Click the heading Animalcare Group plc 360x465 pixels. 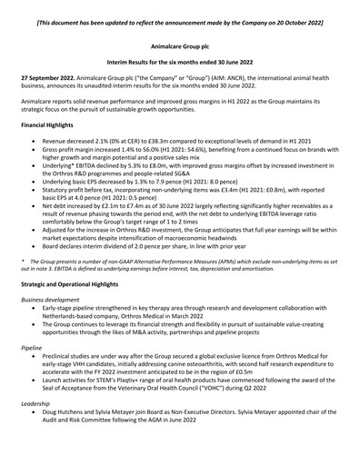(x=180, y=43)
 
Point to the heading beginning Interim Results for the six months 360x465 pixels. (x=180, y=61)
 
